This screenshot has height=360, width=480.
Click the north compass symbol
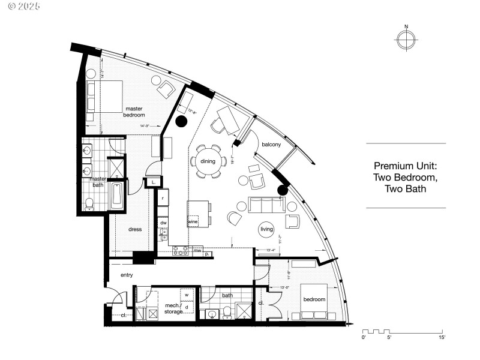click(406, 39)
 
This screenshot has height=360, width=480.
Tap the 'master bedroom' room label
click(134, 111)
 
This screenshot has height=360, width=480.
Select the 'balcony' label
click(272, 143)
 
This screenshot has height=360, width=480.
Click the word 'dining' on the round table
click(208, 161)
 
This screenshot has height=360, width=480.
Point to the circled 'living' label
click(267, 229)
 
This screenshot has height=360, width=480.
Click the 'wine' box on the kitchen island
click(193, 221)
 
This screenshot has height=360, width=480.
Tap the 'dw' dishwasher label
click(163, 223)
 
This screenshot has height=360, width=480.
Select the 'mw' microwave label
click(197, 250)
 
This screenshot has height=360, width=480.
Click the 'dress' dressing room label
click(135, 229)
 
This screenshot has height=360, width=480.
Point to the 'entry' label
click(126, 275)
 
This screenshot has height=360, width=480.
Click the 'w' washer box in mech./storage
click(187, 295)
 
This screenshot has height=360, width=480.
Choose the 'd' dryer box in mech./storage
click(187, 307)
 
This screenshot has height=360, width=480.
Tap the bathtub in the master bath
click(117, 196)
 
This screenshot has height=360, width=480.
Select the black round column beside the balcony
click(283, 191)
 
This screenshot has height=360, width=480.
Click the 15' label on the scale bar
click(442, 338)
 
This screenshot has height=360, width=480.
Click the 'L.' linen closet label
click(154, 181)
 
